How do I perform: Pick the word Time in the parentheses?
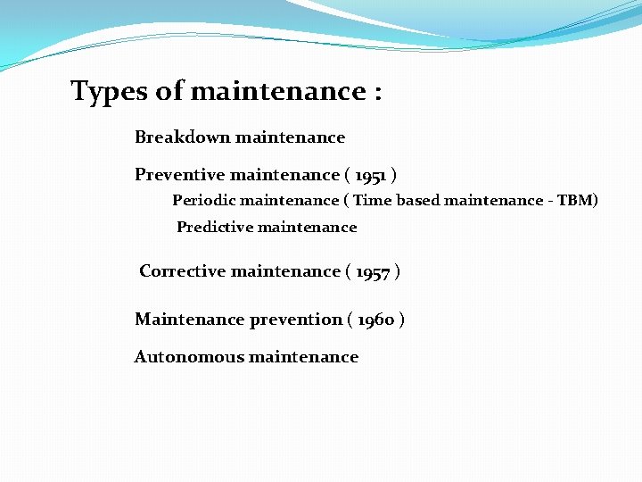coord(373,201)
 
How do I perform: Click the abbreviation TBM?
coord(576,201)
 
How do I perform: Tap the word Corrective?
coord(183,271)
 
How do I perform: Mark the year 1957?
coord(373,272)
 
